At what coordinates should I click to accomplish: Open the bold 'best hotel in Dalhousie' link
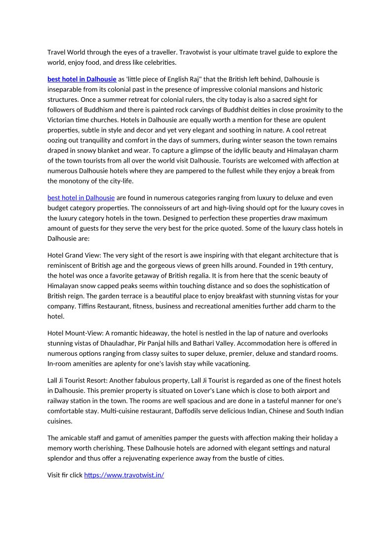[x=81, y=79]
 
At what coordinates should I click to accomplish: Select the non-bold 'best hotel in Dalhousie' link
[x=81, y=198]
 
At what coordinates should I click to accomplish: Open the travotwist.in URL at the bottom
[x=124, y=475]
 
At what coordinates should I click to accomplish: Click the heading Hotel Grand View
[x=74, y=256]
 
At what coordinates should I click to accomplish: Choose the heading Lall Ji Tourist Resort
[x=77, y=381]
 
